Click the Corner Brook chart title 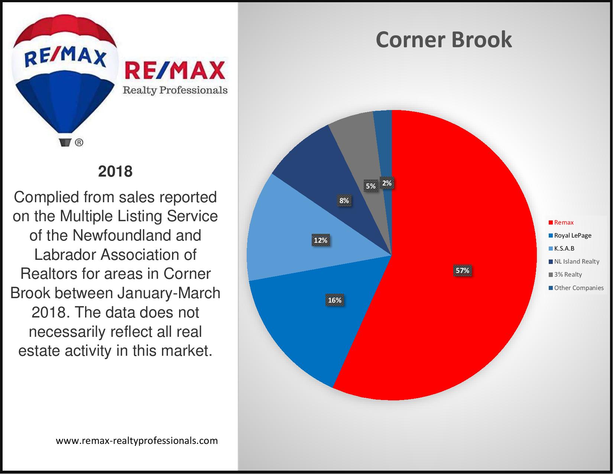click(x=444, y=39)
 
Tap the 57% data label click(x=463, y=270)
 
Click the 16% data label click(x=335, y=300)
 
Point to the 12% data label click(x=321, y=240)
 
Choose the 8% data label click(x=344, y=200)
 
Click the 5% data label click(x=371, y=186)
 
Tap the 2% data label click(x=387, y=183)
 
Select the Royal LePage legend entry click(x=570, y=235)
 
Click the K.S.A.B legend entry click(x=561, y=248)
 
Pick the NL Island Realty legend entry click(x=574, y=261)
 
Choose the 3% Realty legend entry click(x=565, y=274)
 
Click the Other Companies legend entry click(x=576, y=288)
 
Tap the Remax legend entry click(x=561, y=222)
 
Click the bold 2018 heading click(x=115, y=171)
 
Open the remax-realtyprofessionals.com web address click(x=137, y=441)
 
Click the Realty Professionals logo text click(x=175, y=90)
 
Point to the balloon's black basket click(x=65, y=142)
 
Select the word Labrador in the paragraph click(x=65, y=254)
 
